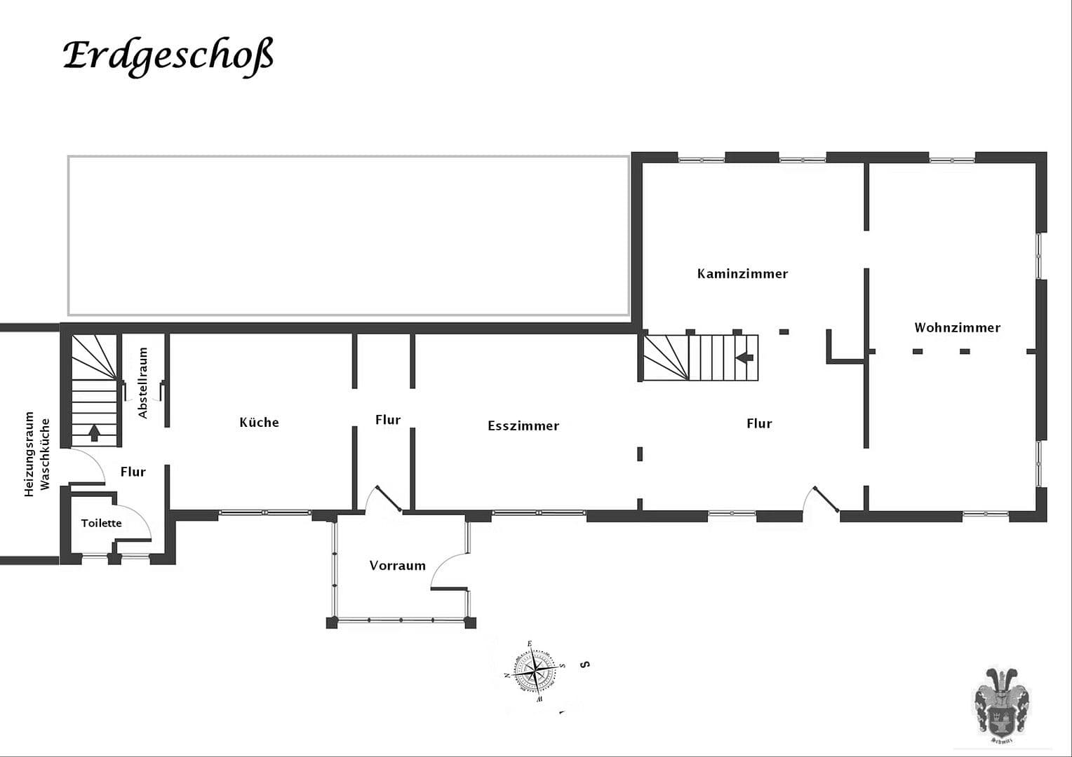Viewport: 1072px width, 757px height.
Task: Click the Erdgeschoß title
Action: [x=168, y=56]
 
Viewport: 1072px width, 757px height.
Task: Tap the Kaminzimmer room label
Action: [x=742, y=274]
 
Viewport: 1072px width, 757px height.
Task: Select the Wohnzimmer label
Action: [x=957, y=327]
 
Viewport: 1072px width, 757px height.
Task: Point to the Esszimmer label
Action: [x=523, y=425]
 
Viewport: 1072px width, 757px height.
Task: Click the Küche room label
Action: [x=259, y=422]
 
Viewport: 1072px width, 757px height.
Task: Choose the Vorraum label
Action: [x=397, y=566]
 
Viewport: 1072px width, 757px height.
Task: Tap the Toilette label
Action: [x=101, y=523]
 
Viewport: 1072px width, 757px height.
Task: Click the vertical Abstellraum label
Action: [x=143, y=383]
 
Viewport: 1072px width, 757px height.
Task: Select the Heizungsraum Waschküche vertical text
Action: [x=36, y=454]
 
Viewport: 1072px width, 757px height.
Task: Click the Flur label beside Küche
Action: [x=387, y=420]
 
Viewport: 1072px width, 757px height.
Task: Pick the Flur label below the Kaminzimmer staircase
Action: [x=759, y=423]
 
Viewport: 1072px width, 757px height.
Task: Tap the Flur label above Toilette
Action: [x=133, y=472]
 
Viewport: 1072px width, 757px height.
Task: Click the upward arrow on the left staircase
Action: [x=94, y=432]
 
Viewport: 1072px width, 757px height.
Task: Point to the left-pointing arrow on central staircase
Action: [x=744, y=357]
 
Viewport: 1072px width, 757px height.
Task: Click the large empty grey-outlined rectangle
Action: [x=348, y=236]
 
